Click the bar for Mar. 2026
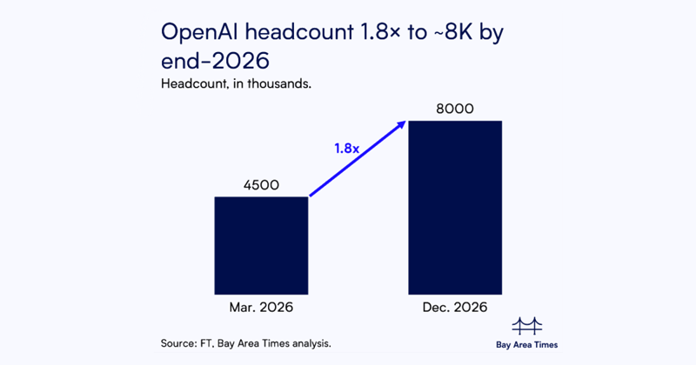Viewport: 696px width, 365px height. coord(261,245)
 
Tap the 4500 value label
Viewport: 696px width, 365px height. coord(261,184)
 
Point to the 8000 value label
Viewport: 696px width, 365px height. coord(456,108)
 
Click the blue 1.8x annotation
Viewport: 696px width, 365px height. coord(346,149)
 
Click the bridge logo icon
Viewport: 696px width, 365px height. coord(528,326)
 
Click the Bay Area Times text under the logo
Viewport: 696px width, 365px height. coord(528,344)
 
